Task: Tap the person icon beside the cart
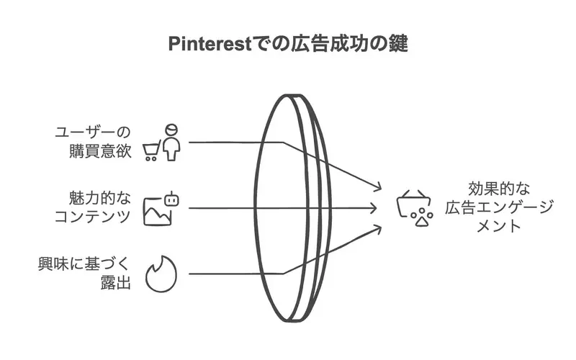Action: [170, 142]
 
